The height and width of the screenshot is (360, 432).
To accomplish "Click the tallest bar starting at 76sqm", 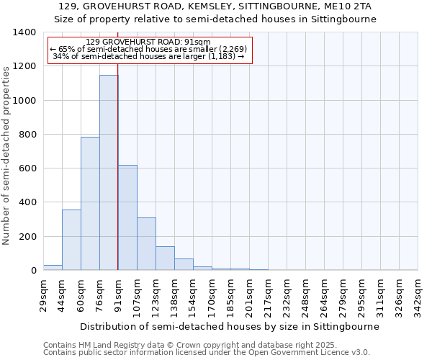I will (x=109, y=173).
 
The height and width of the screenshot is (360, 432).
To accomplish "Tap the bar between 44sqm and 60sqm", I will (x=71, y=240).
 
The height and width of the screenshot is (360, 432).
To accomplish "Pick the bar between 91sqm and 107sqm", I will (x=127, y=217).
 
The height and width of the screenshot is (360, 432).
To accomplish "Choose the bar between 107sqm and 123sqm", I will (x=146, y=244).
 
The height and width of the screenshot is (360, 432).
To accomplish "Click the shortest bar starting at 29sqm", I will (x=53, y=268).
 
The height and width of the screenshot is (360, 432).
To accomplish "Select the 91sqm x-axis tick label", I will (x=118, y=294).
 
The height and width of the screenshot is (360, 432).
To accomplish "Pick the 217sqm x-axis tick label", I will (x=268, y=295).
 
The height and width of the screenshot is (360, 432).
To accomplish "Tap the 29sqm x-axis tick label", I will (x=43, y=294).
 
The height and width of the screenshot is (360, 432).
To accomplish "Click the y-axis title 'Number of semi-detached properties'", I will (x=6, y=155).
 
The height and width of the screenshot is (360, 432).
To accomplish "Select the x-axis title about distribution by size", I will (x=229, y=326).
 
